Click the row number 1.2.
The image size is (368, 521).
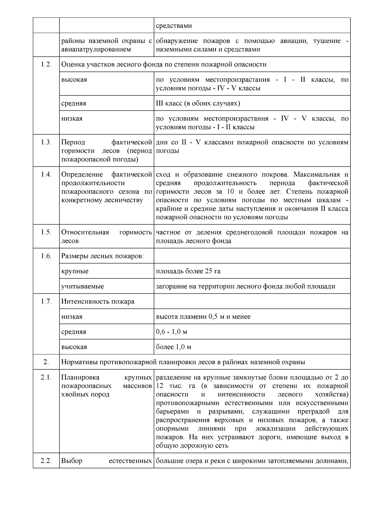click(x=46, y=64)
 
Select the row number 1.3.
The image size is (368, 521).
click(x=46, y=142)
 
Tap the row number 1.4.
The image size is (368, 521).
click(x=46, y=174)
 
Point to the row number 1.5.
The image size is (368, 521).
click(x=46, y=232)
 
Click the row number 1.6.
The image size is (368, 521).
click(x=46, y=256)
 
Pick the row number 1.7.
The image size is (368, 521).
click(x=46, y=301)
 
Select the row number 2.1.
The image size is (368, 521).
click(x=46, y=377)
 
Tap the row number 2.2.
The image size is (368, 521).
click(x=46, y=461)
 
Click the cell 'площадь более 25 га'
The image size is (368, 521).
click(x=188, y=271)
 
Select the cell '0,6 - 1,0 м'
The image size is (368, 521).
click(x=171, y=332)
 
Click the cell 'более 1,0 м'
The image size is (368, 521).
click(x=174, y=347)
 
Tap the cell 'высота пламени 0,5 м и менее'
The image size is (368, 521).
click(x=203, y=317)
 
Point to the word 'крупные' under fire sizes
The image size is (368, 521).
click(x=75, y=271)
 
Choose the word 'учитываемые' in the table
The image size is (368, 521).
click(x=82, y=286)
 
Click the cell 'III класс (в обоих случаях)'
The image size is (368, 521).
click(x=198, y=103)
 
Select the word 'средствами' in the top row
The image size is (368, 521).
click(x=174, y=25)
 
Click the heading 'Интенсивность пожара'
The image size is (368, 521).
click(x=98, y=301)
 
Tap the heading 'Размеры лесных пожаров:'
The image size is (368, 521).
click(x=102, y=256)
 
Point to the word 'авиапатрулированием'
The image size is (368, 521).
click(x=96, y=49)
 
